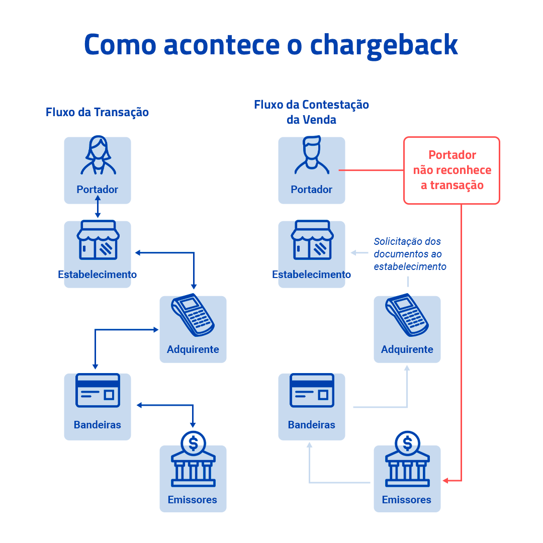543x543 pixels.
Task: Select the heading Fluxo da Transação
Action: [97, 112]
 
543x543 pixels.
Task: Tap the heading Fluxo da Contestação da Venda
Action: [311, 112]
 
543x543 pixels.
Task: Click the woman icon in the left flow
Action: [98, 156]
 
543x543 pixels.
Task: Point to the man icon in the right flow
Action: [312, 156]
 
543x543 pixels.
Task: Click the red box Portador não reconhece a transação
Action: [451, 170]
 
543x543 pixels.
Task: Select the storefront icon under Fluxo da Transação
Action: [98, 241]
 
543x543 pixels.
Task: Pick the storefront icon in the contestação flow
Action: [312, 241]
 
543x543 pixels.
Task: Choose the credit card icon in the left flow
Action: [98, 391]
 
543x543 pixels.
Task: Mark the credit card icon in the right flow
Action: [312, 391]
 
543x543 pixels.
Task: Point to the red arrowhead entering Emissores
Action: [446, 481]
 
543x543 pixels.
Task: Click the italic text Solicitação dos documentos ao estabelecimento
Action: [409, 254]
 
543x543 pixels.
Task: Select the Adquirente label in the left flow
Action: [193, 349]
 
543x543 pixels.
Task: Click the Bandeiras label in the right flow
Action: [312, 425]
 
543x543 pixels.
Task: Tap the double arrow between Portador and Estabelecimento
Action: [98, 208]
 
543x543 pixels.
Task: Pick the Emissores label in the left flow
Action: [193, 500]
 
